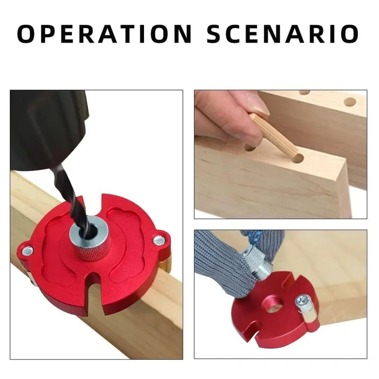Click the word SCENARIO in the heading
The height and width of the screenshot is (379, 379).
pyautogui.click(x=283, y=34)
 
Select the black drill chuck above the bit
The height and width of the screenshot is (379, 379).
pyautogui.click(x=47, y=128)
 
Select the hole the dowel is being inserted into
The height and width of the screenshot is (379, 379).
pyautogui.click(x=298, y=158)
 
